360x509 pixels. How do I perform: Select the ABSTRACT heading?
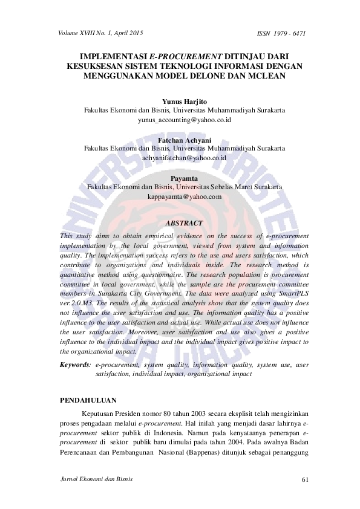click(x=184, y=223)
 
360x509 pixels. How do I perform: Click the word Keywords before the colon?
click(x=74, y=365)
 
